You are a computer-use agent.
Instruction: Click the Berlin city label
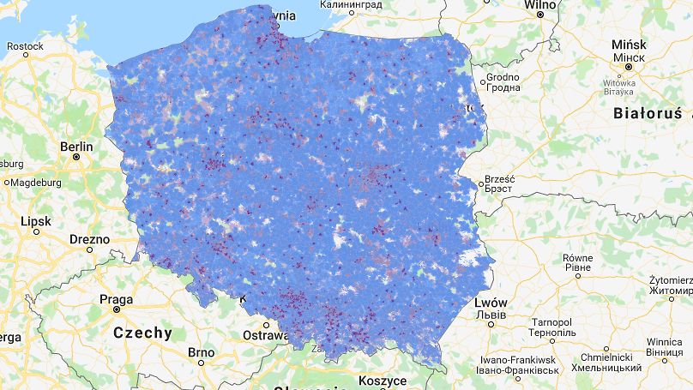pos(76,147)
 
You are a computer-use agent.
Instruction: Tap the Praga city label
pos(116,300)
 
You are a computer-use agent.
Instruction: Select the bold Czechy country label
pos(143,333)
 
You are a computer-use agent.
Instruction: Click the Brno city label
pos(201,352)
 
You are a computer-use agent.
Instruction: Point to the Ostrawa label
pos(262,334)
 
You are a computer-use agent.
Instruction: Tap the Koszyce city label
pos(383,380)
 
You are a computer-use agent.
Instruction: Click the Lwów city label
pos(491,303)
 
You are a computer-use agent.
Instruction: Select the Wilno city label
pos(541,4)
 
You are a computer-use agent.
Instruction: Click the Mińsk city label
pos(628,44)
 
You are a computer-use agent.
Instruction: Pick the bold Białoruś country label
pos(648,112)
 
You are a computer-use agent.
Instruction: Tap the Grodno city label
pos(503,77)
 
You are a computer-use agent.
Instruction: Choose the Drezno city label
pos(90,239)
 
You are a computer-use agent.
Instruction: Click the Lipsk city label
pos(36,220)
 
